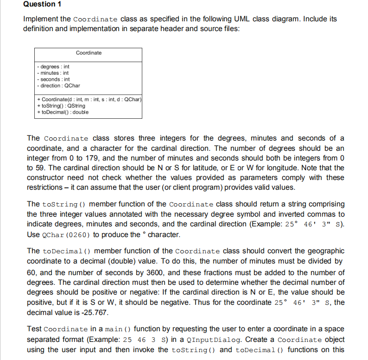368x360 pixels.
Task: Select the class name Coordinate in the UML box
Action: coord(89,53)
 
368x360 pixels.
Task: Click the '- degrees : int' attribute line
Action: coord(53,67)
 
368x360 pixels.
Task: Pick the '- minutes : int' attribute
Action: coord(53,73)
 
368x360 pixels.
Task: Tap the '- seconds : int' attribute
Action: coord(53,79)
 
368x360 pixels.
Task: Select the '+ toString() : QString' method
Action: coord(61,106)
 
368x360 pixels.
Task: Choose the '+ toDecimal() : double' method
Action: coord(63,112)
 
